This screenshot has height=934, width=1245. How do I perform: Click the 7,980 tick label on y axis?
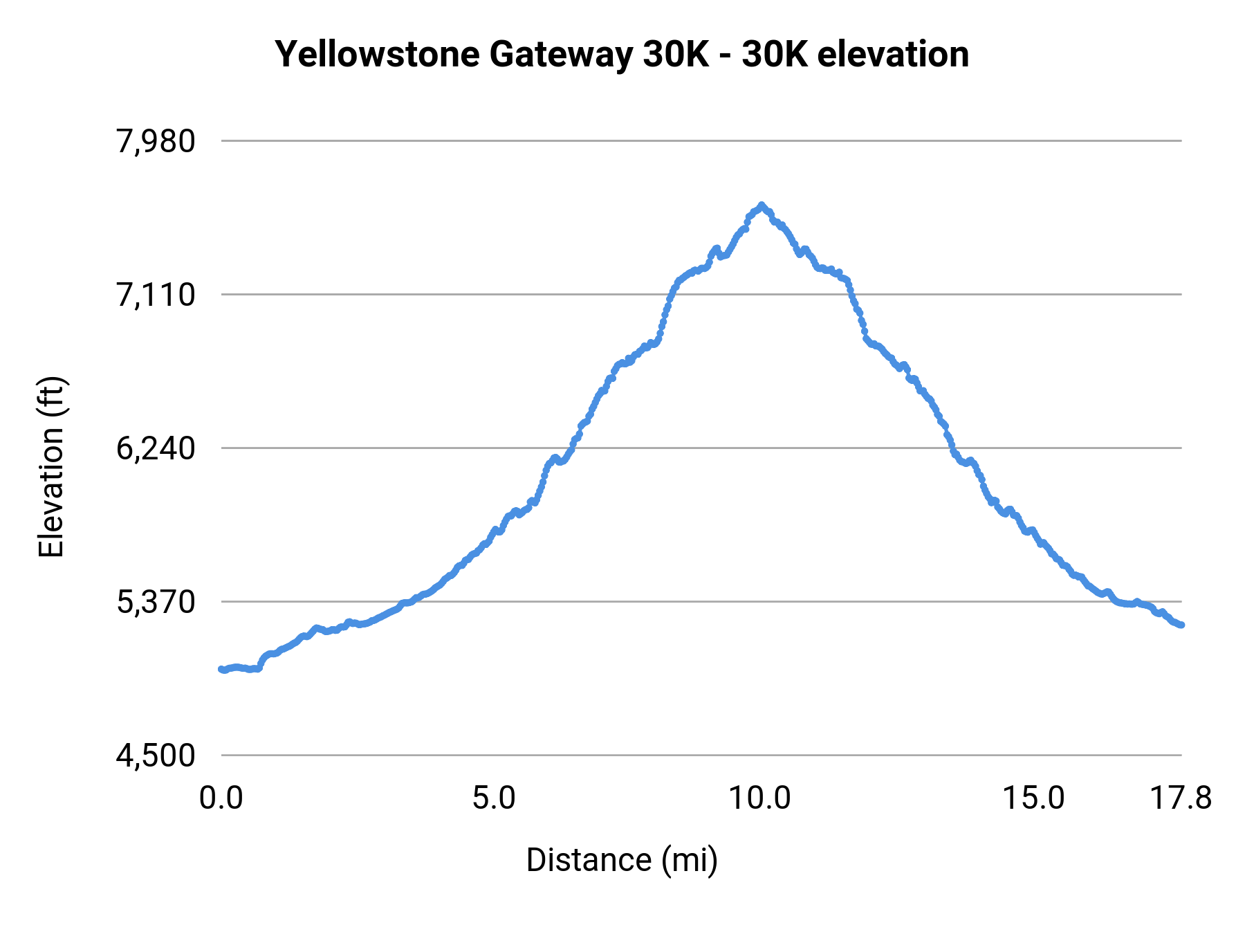tap(156, 142)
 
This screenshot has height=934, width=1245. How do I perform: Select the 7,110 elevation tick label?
tap(156, 295)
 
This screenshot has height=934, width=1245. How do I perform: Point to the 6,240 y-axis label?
tap(156, 449)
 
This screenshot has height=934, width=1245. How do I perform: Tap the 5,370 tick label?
tap(156, 603)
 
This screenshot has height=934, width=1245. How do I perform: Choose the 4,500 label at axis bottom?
tap(156, 756)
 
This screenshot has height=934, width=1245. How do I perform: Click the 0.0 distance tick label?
tap(221, 798)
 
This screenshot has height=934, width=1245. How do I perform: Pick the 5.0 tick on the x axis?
tap(494, 798)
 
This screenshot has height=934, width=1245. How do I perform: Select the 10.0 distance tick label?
tap(760, 798)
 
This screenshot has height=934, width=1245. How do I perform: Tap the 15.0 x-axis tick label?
tap(1033, 798)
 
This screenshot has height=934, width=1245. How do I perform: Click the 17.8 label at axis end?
tap(1181, 798)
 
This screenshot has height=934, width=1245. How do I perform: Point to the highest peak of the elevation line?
tap(762, 205)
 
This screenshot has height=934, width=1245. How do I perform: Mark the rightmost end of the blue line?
tap(1182, 625)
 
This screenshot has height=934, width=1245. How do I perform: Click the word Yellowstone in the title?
tap(377, 55)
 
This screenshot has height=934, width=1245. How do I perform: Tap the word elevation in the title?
tap(893, 55)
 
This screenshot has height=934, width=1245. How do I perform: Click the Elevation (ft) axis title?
tap(51, 467)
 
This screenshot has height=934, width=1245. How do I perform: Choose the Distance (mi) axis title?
tap(622, 860)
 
